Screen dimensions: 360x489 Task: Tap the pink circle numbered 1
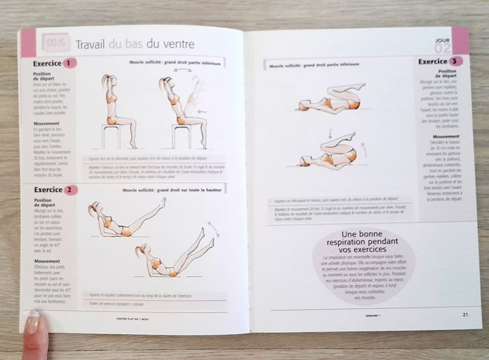pyautogui.click(x=69, y=64)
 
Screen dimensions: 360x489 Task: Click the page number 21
pyautogui.click(x=465, y=314)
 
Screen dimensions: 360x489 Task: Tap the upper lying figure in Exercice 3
pyautogui.click(x=328, y=98)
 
